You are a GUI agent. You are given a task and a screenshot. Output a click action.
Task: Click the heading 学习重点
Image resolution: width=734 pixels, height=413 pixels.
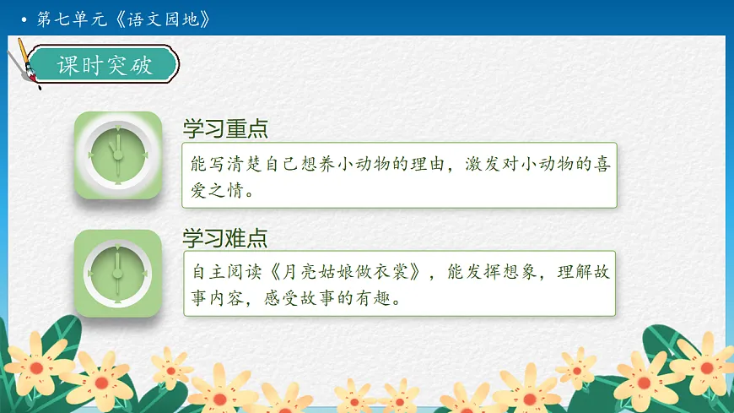(225, 129)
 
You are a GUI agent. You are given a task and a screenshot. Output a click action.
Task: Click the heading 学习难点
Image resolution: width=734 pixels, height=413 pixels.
(225, 237)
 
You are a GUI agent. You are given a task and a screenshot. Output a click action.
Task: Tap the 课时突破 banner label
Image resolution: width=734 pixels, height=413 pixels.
(105, 66)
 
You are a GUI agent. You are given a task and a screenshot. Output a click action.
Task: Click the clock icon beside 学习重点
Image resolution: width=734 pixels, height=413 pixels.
(117, 155)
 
